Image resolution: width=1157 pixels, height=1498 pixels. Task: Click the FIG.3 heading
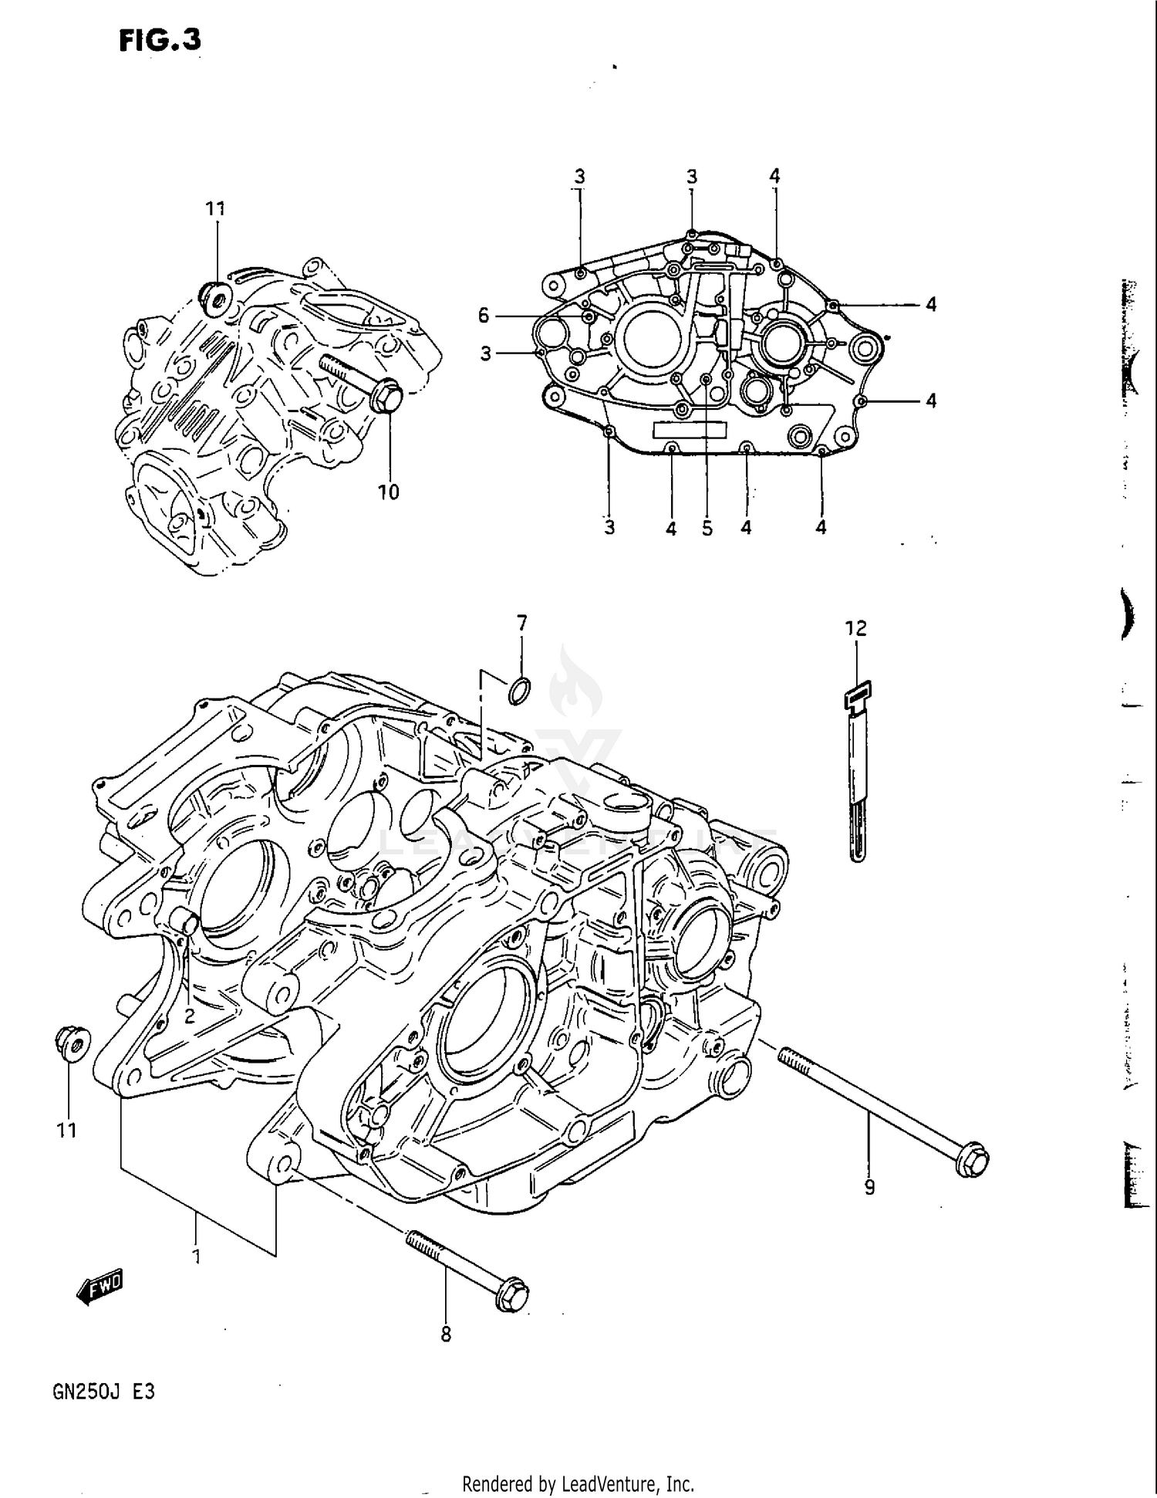tap(160, 40)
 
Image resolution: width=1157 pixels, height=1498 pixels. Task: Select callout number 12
tap(855, 628)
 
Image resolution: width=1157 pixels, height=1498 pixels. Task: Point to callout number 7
tap(521, 622)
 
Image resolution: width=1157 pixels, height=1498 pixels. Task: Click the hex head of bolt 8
tap(511, 1293)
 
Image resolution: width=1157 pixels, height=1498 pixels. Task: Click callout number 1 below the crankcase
tap(197, 1256)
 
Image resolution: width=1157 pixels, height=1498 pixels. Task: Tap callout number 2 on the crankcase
tap(189, 1016)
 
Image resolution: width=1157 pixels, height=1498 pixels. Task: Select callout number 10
tap(388, 492)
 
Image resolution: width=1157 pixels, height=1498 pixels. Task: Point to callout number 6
tap(484, 315)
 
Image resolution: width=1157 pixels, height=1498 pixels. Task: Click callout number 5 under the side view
tap(707, 529)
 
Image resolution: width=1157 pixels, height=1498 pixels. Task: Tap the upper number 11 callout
tap(215, 208)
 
